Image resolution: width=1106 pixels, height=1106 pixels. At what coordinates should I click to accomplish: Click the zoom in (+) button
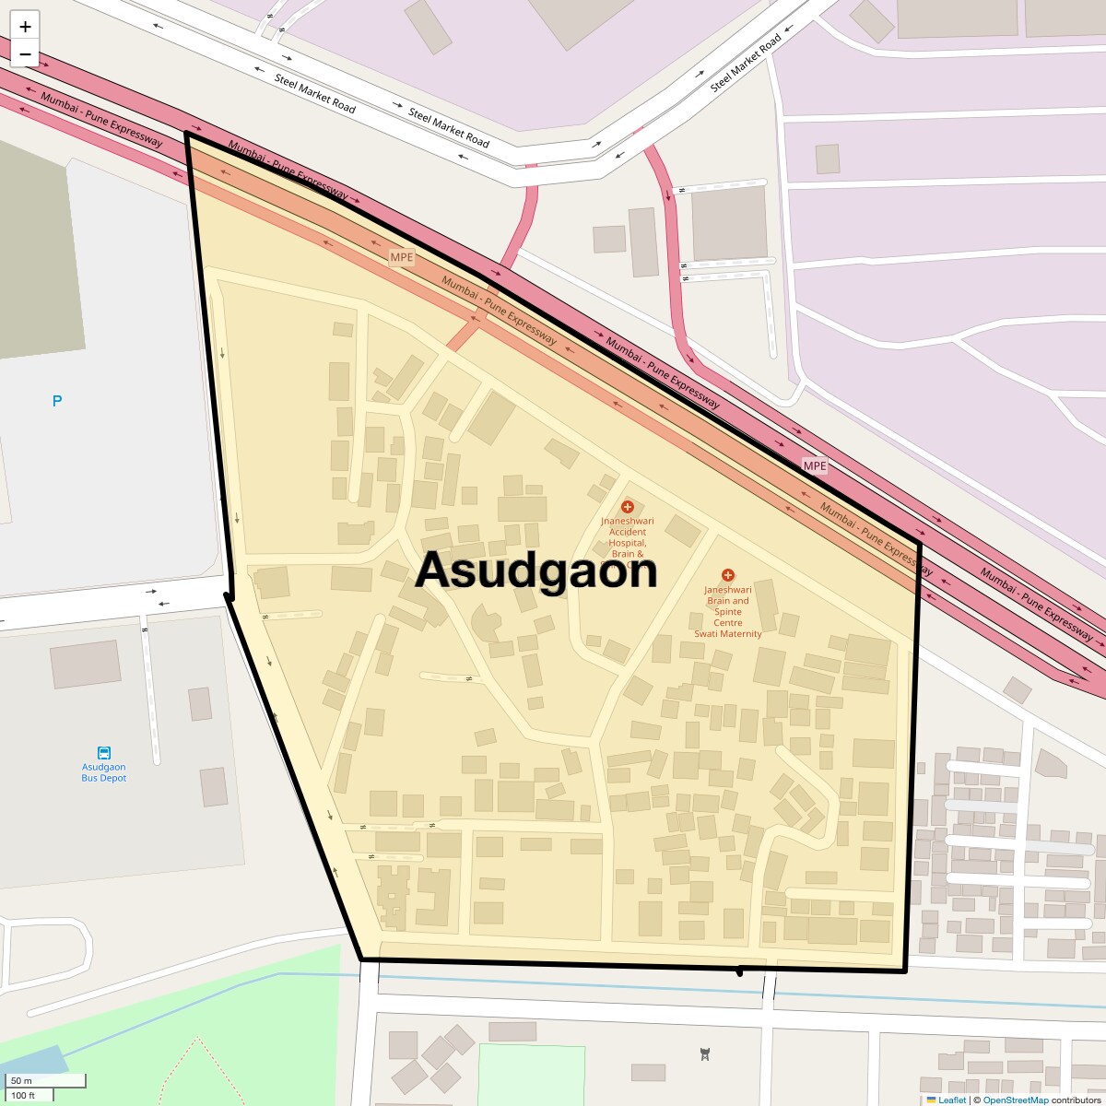pos(25,27)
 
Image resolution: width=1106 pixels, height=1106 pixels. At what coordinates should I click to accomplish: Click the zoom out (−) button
pos(25,54)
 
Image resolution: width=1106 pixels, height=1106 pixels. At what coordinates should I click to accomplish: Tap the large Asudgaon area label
pos(535,571)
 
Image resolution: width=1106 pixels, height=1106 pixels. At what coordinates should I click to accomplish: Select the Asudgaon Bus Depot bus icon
pos(104,753)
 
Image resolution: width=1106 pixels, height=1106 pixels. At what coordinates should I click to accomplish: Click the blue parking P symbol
pos(57,401)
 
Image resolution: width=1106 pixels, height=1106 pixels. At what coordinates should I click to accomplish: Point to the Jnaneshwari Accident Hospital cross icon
pos(628,507)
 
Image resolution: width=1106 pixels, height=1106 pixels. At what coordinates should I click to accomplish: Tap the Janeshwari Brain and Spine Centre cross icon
pos(728,575)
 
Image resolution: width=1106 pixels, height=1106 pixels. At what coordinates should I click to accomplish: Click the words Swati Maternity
pos(728,634)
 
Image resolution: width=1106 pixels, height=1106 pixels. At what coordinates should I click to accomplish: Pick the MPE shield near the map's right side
pos(815,466)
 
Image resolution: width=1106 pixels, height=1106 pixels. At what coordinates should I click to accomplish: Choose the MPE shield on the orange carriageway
pos(402,257)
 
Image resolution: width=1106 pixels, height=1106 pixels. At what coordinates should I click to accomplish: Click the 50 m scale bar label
pos(21,1081)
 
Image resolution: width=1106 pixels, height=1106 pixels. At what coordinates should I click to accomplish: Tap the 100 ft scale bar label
pos(23,1095)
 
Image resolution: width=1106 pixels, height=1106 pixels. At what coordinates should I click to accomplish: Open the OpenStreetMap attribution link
pos(1016,1100)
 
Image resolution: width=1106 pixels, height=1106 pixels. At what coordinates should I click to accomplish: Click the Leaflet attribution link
pos(952,1100)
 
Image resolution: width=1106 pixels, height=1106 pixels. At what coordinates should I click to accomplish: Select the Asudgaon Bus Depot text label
pos(104,772)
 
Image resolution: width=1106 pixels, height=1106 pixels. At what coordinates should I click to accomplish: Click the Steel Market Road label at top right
pos(746,63)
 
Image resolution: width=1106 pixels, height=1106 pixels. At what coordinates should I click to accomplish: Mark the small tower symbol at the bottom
pos(705,1054)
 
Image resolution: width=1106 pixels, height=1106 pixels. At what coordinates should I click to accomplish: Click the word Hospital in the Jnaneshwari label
pos(628,543)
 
